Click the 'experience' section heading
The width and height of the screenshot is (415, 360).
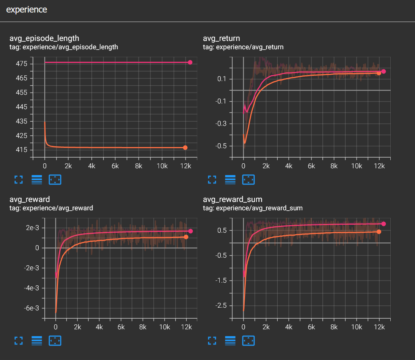click(27, 10)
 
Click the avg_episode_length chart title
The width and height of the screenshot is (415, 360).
click(44, 38)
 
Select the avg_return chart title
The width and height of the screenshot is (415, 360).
click(222, 38)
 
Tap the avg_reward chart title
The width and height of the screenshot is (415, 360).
click(30, 199)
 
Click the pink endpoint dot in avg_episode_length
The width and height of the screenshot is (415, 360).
click(190, 63)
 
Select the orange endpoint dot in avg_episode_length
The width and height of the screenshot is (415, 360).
click(185, 148)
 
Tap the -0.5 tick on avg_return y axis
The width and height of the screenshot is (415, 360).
click(221, 146)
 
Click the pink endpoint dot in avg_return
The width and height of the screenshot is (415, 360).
click(384, 71)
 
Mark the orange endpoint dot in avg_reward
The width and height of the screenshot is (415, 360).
click(186, 237)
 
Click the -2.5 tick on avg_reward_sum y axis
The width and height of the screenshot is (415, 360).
click(221, 305)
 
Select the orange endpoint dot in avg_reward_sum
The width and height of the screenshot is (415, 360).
click(379, 232)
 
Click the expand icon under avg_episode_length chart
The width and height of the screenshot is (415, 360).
click(19, 180)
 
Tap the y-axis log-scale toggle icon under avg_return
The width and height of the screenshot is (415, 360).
click(230, 180)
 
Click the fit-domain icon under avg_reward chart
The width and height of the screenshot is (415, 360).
click(55, 341)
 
